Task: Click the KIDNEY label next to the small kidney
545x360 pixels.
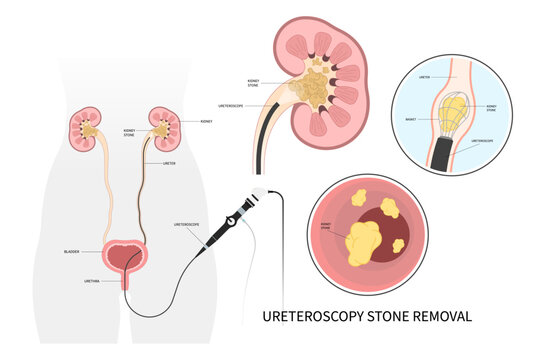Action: [x=206, y=121]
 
